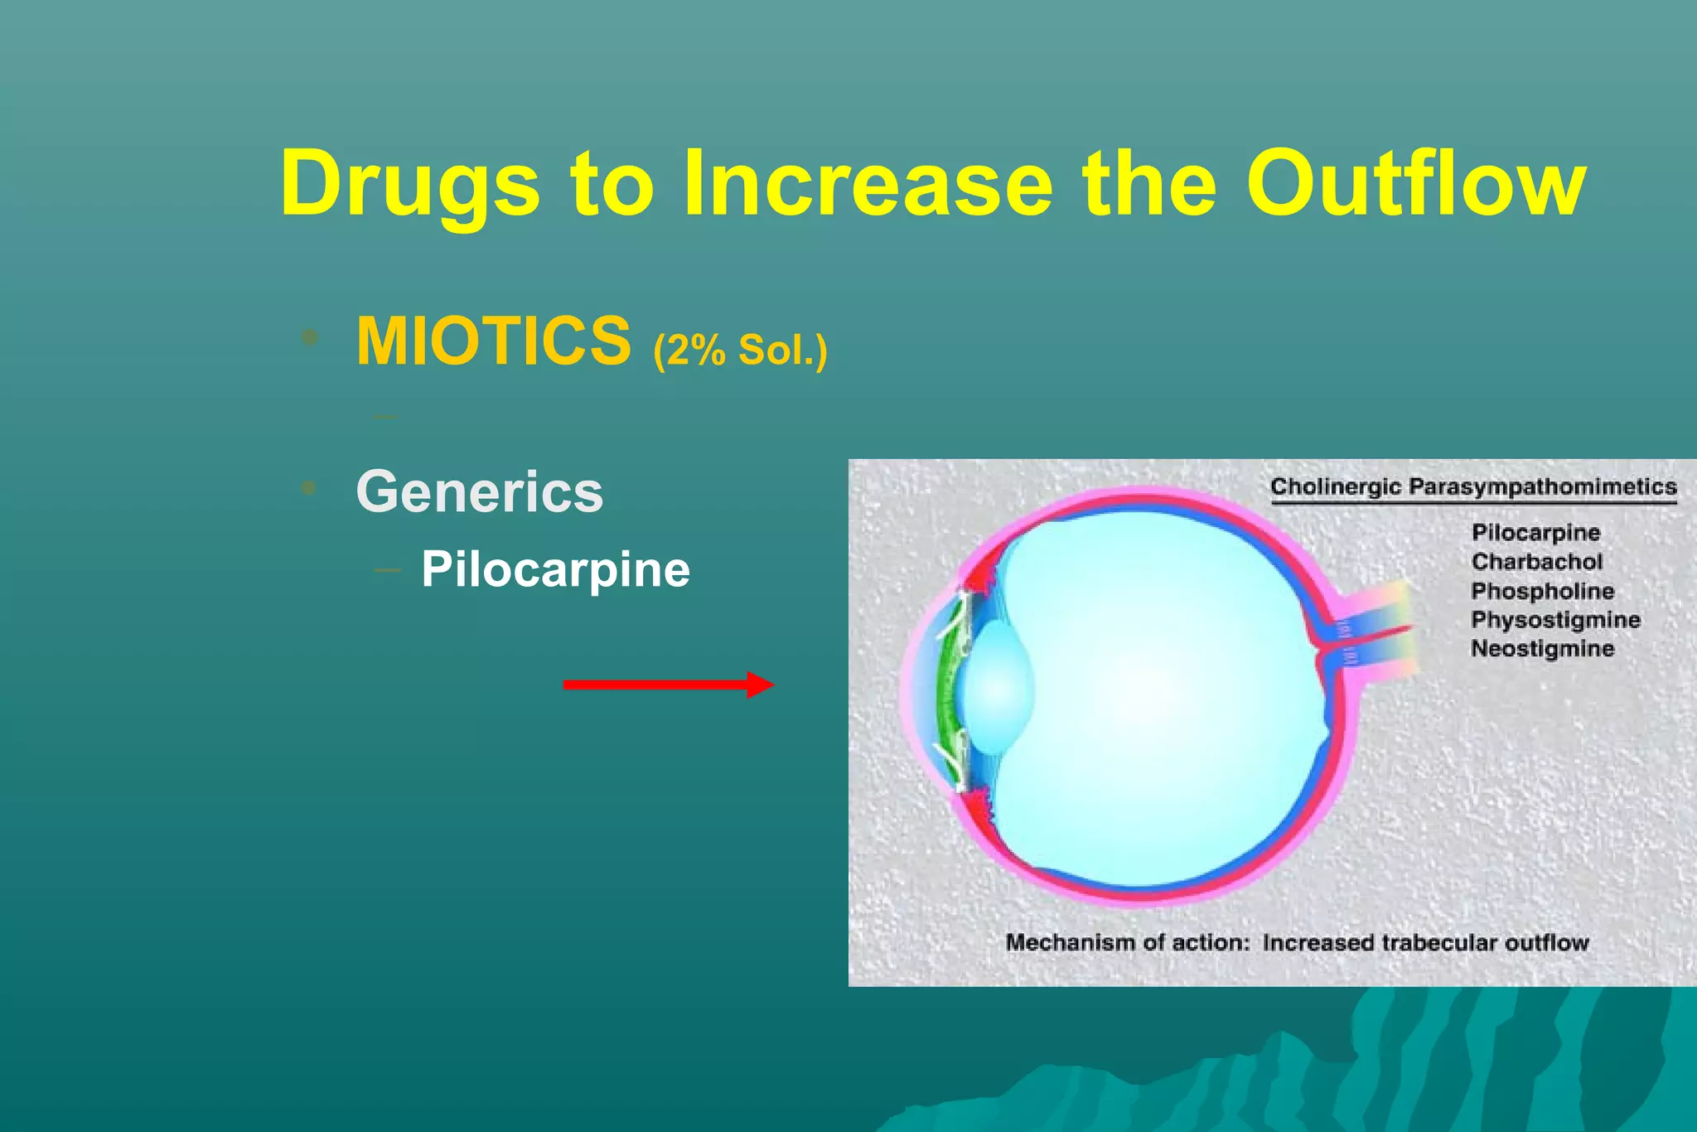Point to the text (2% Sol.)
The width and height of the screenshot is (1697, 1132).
point(740,350)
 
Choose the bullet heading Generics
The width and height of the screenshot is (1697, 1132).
point(479,491)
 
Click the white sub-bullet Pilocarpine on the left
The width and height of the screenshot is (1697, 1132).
point(555,569)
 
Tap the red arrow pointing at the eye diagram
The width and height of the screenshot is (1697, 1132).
point(668,685)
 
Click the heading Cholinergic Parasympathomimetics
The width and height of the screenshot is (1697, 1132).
point(1473,486)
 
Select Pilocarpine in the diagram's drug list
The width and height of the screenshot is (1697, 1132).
point(1535,532)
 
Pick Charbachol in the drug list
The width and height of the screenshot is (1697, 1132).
point(1537,562)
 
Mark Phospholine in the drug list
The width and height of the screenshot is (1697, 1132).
point(1542,591)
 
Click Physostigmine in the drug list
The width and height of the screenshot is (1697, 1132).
point(1555,620)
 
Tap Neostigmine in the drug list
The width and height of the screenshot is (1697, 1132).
point(1542,648)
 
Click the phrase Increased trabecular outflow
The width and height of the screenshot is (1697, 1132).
point(1425,942)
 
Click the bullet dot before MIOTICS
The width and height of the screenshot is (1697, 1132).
point(310,337)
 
